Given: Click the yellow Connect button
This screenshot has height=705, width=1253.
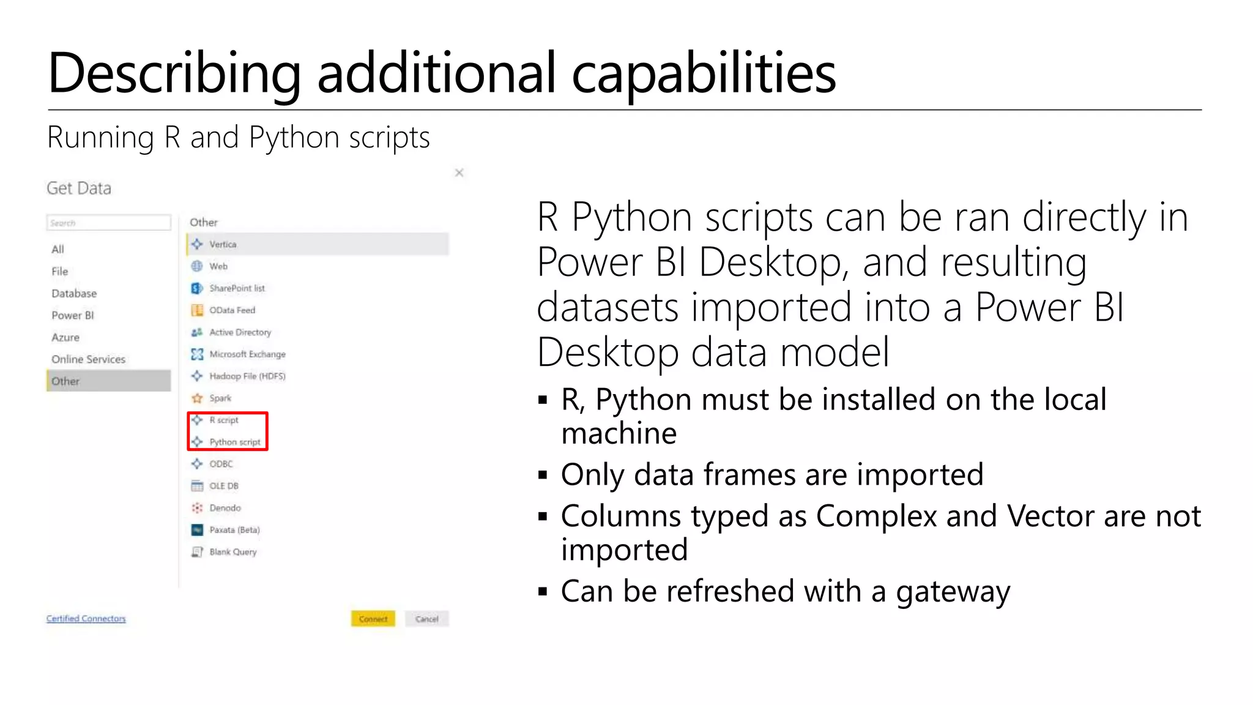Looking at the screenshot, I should click(x=373, y=619).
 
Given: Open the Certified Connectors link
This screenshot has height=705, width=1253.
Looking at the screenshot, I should click(x=86, y=619).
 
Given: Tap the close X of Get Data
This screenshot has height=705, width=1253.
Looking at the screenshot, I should click(x=459, y=173).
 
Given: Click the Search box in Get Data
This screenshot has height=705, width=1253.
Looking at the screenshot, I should click(x=108, y=223).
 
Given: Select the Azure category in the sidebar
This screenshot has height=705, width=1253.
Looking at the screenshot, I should click(x=65, y=337).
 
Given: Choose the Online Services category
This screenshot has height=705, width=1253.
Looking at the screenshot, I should click(x=88, y=359).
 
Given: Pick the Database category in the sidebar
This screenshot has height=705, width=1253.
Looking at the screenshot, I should click(x=74, y=293).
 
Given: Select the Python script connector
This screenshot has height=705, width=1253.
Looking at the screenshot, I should click(x=234, y=442).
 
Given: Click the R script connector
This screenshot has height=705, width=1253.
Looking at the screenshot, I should click(x=223, y=420).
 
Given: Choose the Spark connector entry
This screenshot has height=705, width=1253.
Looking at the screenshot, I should click(x=220, y=398).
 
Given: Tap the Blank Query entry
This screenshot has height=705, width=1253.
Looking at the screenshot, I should click(x=232, y=551).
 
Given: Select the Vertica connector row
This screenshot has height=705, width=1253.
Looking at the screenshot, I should click(x=317, y=244).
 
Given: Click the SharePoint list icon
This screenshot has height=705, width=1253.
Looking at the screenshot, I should click(x=197, y=288).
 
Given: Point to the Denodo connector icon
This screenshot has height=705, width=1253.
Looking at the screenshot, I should click(x=197, y=508).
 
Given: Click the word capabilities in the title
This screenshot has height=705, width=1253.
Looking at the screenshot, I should click(x=704, y=73).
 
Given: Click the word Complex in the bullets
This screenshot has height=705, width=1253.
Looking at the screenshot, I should click(x=876, y=516).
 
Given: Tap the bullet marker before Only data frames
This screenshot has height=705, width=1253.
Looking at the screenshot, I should click(x=542, y=475).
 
